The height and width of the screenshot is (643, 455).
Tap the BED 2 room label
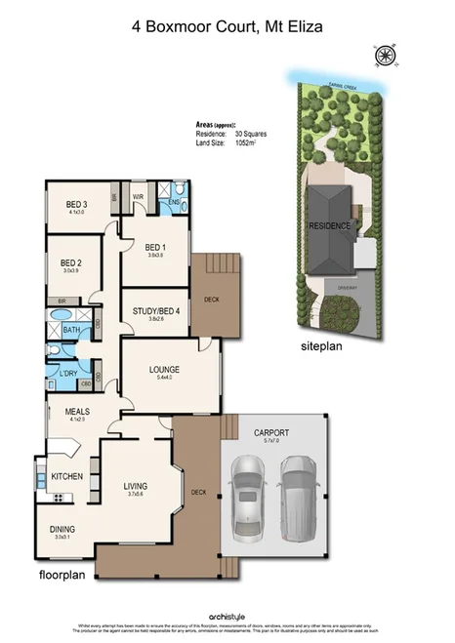[x=70, y=262]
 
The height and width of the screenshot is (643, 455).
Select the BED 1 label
[x=155, y=248]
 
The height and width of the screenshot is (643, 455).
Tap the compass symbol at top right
[x=386, y=56]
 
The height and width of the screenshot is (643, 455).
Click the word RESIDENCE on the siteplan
[x=329, y=225]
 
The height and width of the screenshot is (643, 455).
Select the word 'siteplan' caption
[x=323, y=345]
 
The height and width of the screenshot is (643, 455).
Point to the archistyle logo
[x=227, y=615]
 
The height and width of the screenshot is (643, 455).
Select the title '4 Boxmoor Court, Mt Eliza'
[x=227, y=28]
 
